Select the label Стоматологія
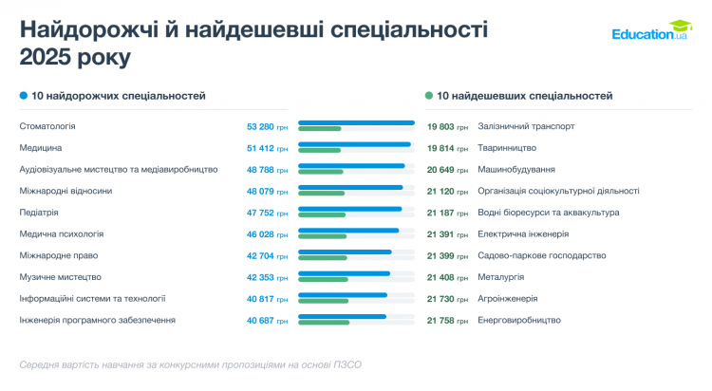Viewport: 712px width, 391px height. pyautogui.click(x=47, y=126)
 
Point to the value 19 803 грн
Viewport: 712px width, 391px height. pyautogui.click(x=447, y=126)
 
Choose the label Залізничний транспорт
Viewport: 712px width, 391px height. pyautogui.click(x=526, y=126)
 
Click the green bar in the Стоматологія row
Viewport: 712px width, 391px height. pyautogui.click(x=319, y=129)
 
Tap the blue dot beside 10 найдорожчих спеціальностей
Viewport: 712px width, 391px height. pyautogui.click(x=23, y=96)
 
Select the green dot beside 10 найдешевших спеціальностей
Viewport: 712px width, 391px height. pyautogui.click(x=429, y=96)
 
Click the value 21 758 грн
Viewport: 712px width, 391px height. pyautogui.click(x=447, y=320)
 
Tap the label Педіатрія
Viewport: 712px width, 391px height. pyautogui.click(x=39, y=213)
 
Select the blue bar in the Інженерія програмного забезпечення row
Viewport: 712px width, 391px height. pyautogui.click(x=342, y=316)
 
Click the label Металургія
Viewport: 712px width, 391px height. pyautogui.click(x=501, y=277)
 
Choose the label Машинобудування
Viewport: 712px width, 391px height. pyautogui.click(x=516, y=169)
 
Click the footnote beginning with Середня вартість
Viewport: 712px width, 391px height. pyautogui.click(x=190, y=364)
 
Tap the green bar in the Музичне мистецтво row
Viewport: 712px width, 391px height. pyautogui.click(x=323, y=279)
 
